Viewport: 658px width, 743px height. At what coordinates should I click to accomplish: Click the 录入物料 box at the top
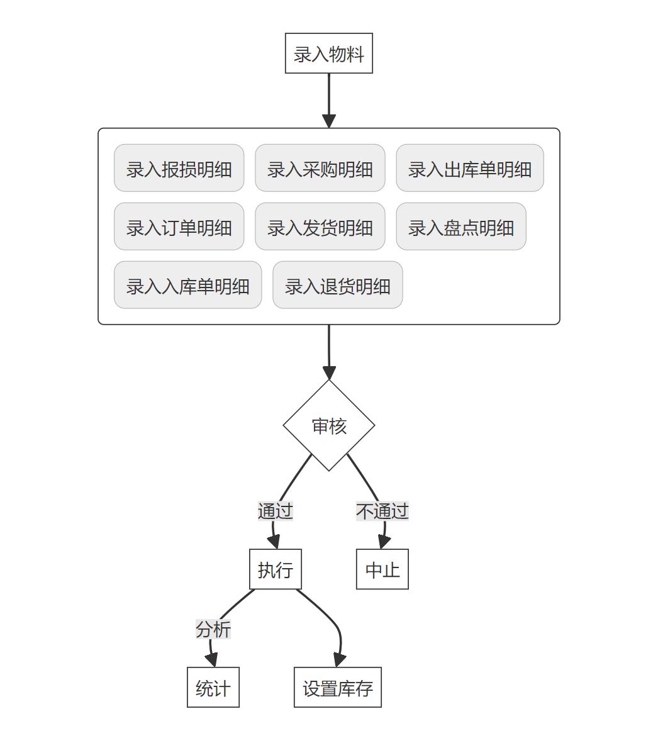pos(328,53)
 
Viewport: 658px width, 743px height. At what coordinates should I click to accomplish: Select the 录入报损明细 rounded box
pos(179,168)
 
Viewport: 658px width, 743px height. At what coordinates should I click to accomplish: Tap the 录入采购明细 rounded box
pos(320,168)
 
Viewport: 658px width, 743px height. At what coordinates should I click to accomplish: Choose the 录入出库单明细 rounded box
pos(469,168)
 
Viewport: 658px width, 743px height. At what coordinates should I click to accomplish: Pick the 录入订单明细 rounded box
pos(179,226)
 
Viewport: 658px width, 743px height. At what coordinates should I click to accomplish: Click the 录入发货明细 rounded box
pos(320,226)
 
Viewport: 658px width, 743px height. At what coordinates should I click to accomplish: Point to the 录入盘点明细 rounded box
pos(460,226)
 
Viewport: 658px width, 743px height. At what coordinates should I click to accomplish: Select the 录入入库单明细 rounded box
pos(187,285)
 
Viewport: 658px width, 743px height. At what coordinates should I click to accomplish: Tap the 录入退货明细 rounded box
pos(337,285)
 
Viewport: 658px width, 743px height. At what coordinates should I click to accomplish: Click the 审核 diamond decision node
pos(328,425)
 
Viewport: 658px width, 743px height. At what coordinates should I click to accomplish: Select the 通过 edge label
pos(275,511)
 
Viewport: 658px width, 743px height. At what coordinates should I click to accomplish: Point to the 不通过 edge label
pos(382,511)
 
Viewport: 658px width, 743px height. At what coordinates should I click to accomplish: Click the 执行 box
pos(275,569)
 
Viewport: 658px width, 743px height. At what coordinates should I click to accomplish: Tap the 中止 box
pos(382,569)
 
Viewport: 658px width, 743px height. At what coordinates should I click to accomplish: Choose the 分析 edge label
pos(213,629)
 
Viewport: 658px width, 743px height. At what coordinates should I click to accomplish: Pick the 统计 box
pos(213,688)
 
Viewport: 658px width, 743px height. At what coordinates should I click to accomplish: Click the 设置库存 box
pos(337,688)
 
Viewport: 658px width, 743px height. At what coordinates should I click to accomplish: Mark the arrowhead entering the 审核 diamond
pos(328,372)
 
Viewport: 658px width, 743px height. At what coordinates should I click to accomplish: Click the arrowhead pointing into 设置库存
pos(339,659)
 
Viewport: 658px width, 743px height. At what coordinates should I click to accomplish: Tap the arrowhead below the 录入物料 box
pos(328,121)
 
